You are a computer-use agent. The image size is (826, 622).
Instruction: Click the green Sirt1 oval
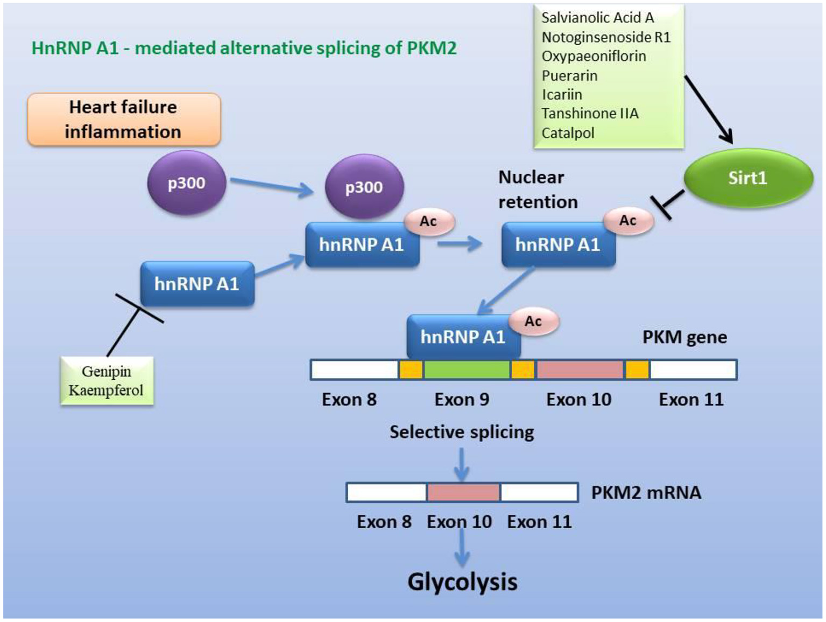748,178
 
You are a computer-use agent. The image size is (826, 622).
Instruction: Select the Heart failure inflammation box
124,120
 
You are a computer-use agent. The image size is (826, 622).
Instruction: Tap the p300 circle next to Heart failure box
186,183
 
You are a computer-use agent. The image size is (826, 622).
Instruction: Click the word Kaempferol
106,390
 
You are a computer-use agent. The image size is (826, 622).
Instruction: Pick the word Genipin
107,371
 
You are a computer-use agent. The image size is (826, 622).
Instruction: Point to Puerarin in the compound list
569,75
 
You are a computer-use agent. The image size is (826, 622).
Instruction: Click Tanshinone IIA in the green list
590,114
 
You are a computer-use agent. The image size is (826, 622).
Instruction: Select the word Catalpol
568,133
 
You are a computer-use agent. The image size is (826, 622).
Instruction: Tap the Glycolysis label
462,582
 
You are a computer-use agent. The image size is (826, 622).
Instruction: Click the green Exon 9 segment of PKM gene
467,370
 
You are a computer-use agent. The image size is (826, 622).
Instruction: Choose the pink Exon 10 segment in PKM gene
580,370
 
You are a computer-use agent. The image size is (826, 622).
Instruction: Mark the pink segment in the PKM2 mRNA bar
463,493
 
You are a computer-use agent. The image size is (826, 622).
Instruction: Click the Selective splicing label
462,432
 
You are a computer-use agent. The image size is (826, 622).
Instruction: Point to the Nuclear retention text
538,190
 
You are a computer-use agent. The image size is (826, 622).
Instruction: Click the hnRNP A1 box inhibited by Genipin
197,284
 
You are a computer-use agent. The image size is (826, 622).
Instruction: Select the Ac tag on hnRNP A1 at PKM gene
533,322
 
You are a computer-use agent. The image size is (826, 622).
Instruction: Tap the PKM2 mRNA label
646,493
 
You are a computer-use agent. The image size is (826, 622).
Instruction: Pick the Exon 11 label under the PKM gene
691,400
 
